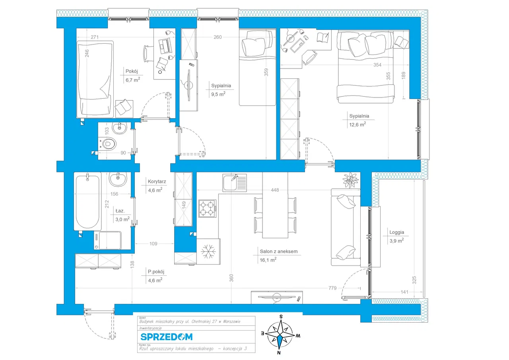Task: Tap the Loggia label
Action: pos(396,234)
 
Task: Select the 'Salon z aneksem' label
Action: pos(278,251)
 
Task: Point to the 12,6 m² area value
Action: pos(357,124)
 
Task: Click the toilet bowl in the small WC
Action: pos(108,143)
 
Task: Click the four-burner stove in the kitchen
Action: pos(208,208)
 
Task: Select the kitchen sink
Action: pos(235,183)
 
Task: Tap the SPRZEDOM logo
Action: pos(166,337)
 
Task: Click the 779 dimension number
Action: pos(333,288)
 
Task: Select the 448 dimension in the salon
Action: pos(274,190)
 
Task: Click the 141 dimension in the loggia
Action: pos(404,292)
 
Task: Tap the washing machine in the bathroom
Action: pos(107,241)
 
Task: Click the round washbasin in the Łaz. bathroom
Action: pos(117,179)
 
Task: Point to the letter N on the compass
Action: pos(279,352)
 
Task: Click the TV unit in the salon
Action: pos(277,297)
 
